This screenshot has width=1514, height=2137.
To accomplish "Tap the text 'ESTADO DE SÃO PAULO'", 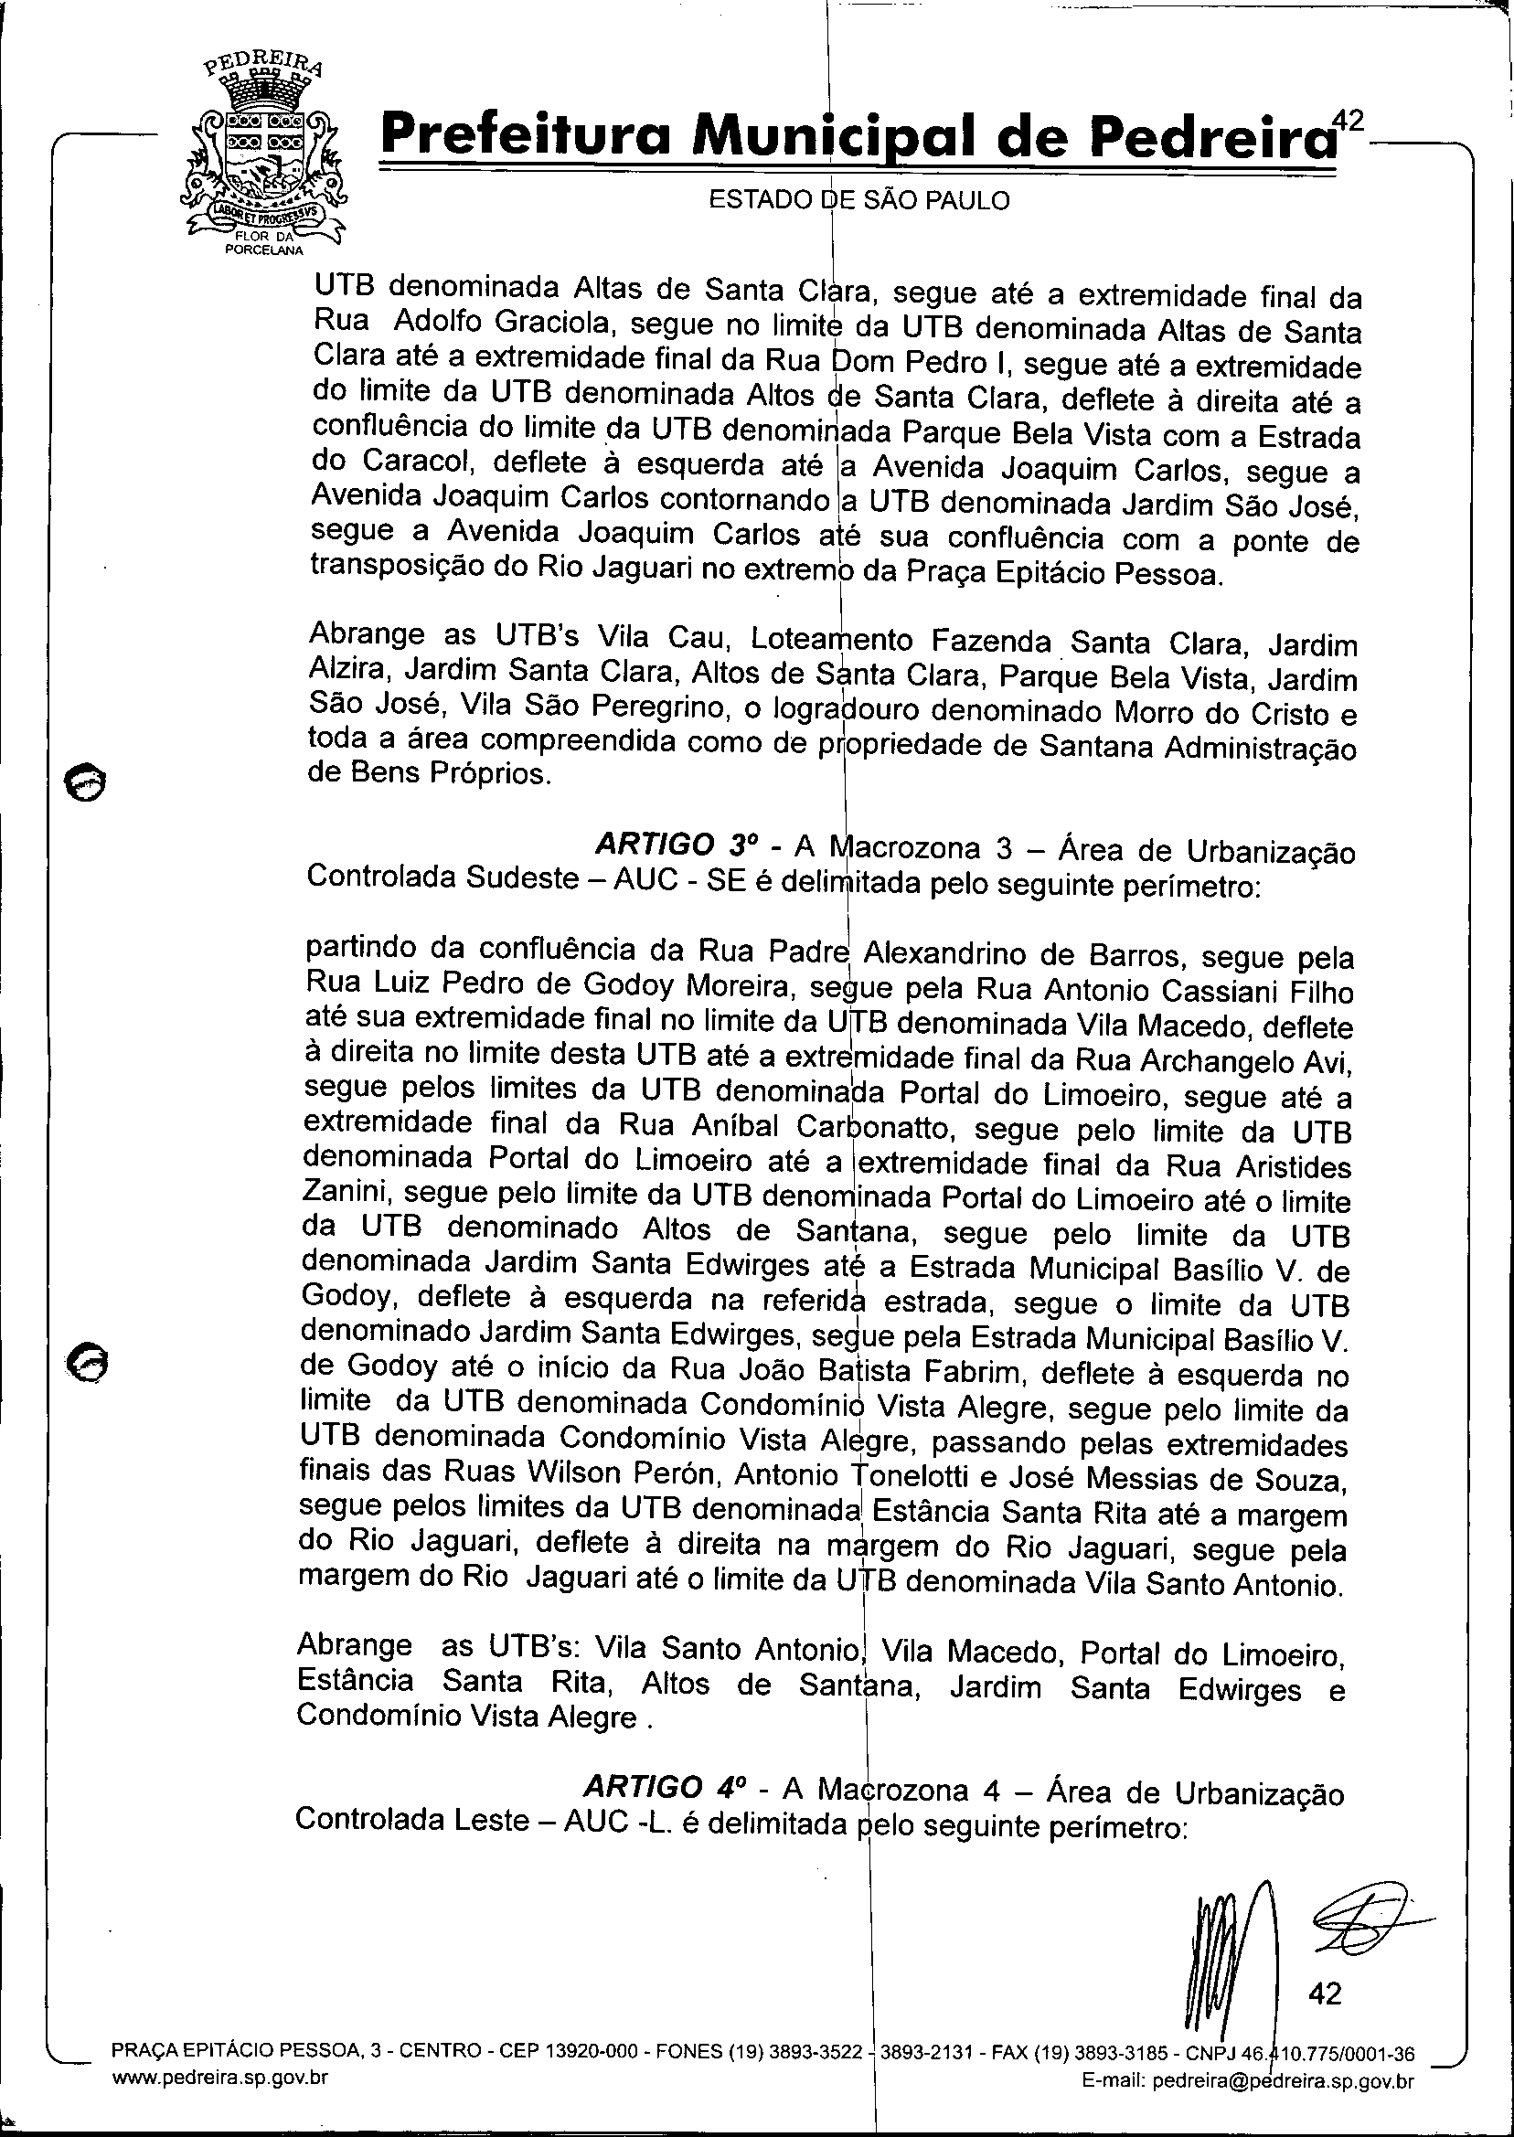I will click(x=858, y=200).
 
